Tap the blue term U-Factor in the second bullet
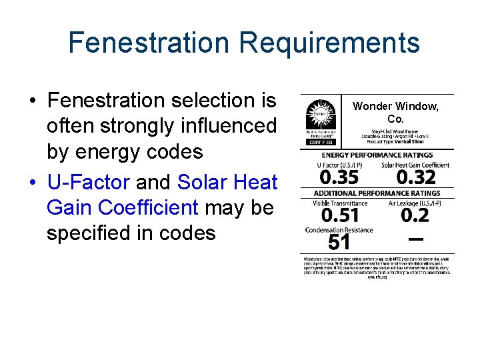pyautogui.click(x=89, y=182)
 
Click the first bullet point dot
pyautogui.click(x=32, y=101)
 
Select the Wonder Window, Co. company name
pyautogui.click(x=395, y=113)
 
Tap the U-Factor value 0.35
pyautogui.click(x=339, y=177)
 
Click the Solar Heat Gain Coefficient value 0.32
pyautogui.click(x=415, y=177)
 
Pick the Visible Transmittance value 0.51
pyautogui.click(x=340, y=215)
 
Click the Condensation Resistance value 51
pyautogui.click(x=339, y=242)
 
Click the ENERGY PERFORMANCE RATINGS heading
pyautogui.click(x=377, y=155)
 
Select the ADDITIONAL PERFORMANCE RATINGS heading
pyautogui.click(x=377, y=193)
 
